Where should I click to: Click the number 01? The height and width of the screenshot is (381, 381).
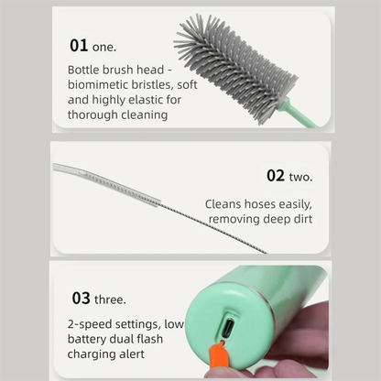point(79,45)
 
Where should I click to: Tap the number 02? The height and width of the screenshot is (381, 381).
point(277,175)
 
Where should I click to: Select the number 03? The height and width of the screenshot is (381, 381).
point(81,298)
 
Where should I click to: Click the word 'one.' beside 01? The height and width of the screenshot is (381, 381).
point(105,46)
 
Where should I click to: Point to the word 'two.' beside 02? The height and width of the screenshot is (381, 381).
point(302,176)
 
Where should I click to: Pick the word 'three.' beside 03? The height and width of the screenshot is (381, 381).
point(111,299)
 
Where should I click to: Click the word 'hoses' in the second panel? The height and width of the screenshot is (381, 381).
point(259,204)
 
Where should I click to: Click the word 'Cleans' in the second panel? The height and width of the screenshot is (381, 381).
point(223,204)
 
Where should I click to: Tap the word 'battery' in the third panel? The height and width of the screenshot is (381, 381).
point(88,339)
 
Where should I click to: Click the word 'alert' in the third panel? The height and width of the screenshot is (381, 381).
point(129,354)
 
